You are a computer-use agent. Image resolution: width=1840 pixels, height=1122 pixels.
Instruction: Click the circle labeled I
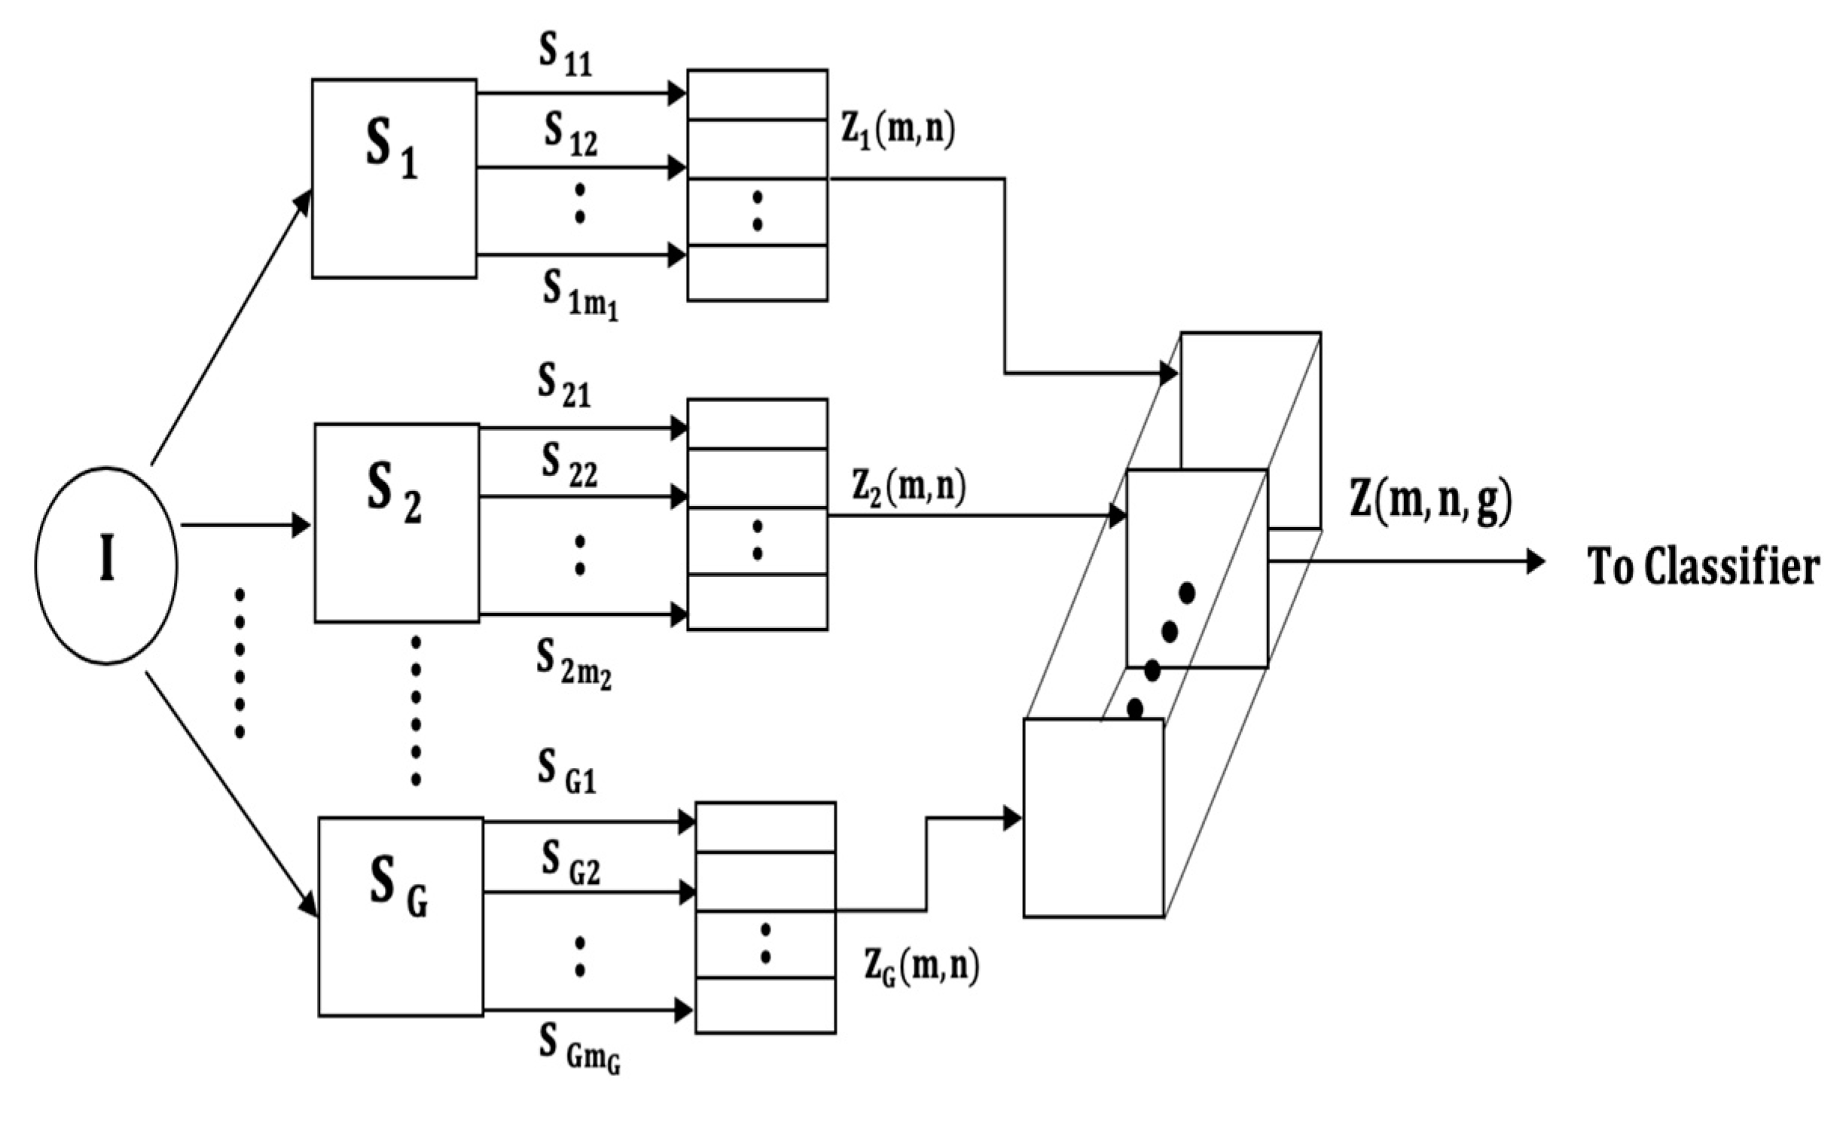click(106, 566)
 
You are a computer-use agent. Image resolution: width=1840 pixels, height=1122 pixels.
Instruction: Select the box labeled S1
click(394, 178)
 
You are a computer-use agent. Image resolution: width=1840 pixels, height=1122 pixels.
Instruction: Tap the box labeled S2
click(396, 523)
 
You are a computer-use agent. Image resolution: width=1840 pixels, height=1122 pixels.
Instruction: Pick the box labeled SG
click(401, 916)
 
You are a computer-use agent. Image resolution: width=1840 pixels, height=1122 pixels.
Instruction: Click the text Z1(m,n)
click(898, 132)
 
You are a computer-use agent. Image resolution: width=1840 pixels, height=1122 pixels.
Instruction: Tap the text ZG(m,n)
click(922, 968)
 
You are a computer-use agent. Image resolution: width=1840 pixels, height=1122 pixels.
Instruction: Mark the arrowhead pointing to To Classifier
click(1535, 562)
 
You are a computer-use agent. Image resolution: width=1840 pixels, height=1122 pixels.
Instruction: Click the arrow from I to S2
click(245, 525)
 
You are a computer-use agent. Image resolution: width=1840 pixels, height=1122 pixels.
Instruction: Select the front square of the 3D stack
click(1094, 818)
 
